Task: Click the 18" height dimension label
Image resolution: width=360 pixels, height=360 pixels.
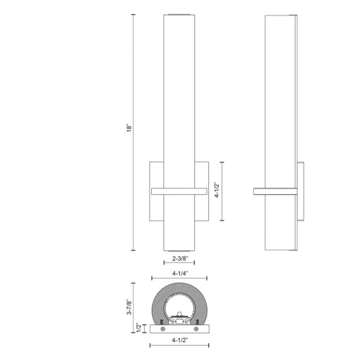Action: coord(129,128)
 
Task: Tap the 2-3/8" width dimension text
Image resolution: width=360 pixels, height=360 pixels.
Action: coord(180,259)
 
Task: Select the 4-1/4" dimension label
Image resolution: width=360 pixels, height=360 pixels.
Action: coord(180,273)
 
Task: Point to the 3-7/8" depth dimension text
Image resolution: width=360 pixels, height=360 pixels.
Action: coord(129,307)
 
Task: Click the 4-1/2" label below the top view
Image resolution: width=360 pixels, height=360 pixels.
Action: coord(180,340)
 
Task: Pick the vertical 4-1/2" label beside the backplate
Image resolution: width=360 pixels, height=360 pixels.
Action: coord(217,190)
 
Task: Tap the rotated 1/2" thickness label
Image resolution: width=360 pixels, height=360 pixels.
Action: coord(139,328)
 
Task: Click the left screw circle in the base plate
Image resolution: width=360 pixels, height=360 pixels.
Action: coord(162,329)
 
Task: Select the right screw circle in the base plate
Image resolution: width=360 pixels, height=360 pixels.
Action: coord(196,329)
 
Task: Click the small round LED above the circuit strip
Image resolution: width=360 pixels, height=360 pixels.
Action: coord(179,314)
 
